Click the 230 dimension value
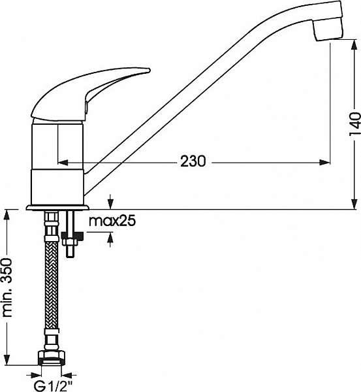click(x=193, y=161)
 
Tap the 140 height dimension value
click(x=354, y=124)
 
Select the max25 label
click(x=112, y=221)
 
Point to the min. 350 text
click(x=7, y=287)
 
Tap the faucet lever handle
click(x=90, y=94)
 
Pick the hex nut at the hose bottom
click(x=52, y=358)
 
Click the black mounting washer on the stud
click(x=72, y=235)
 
